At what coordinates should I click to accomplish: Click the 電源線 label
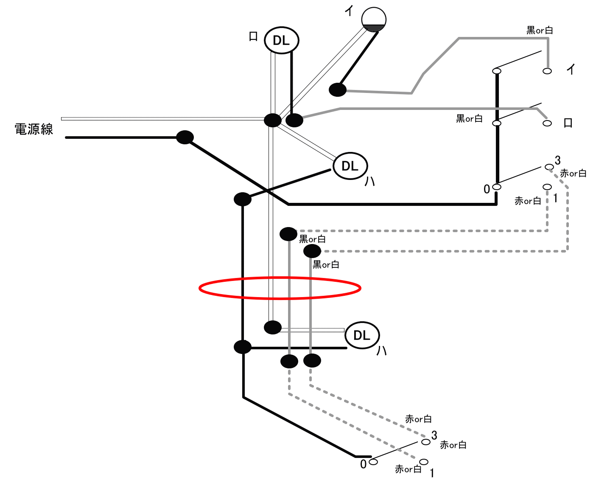point(34,129)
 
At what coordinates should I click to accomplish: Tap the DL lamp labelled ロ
point(282,40)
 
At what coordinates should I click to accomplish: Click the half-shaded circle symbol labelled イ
point(374,20)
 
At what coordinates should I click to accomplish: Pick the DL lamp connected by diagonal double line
point(350,166)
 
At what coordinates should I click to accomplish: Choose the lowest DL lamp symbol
point(362,335)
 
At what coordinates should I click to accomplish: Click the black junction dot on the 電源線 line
point(185,137)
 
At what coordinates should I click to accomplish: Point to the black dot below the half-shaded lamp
point(338,90)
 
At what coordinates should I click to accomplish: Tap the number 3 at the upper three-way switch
point(557,160)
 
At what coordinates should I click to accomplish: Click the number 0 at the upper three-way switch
point(487,189)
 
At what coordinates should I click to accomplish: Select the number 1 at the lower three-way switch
point(432,473)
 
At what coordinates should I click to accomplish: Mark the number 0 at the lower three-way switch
point(363,464)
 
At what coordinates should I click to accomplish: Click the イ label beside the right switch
point(571,69)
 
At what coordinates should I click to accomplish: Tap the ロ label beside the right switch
point(568,123)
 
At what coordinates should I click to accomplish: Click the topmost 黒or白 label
point(540,30)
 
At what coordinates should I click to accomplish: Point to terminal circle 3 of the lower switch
point(426,442)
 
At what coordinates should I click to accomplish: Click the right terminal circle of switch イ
point(547,71)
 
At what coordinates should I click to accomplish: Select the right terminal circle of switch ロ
point(547,123)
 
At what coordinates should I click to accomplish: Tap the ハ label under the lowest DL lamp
point(381,351)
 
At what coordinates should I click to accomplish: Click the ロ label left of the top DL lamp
point(253,36)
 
